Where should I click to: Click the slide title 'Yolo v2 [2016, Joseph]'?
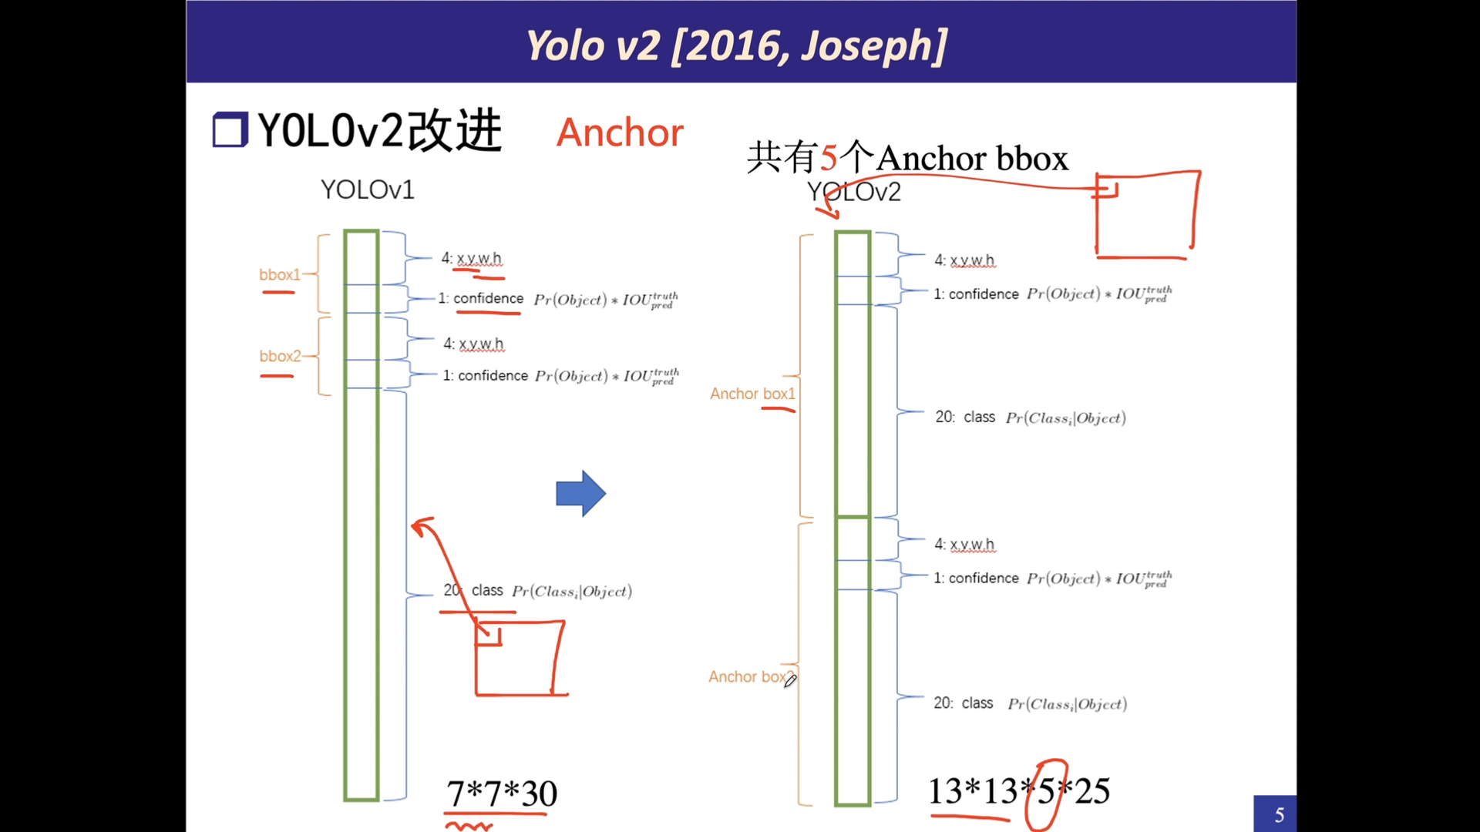coord(736,45)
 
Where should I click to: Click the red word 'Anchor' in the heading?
coord(620,133)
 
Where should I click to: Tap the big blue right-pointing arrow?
coord(580,493)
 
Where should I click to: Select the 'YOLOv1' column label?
coord(368,190)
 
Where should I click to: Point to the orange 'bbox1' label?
coord(279,275)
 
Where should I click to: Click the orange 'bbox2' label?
coord(279,356)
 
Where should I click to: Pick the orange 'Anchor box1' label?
coord(752,394)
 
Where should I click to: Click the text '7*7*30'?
coord(502,793)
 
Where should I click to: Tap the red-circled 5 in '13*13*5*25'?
coord(1046,792)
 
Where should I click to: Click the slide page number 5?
coord(1279,815)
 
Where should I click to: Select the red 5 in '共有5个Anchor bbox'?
coord(829,159)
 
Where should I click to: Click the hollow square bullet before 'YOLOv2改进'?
coord(230,130)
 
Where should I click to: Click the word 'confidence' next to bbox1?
coord(488,298)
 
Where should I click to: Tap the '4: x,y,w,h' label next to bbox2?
coord(473,344)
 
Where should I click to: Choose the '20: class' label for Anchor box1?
coord(965,417)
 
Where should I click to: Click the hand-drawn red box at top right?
coord(1146,216)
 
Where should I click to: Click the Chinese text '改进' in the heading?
coord(455,130)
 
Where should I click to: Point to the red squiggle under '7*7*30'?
coord(469,827)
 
